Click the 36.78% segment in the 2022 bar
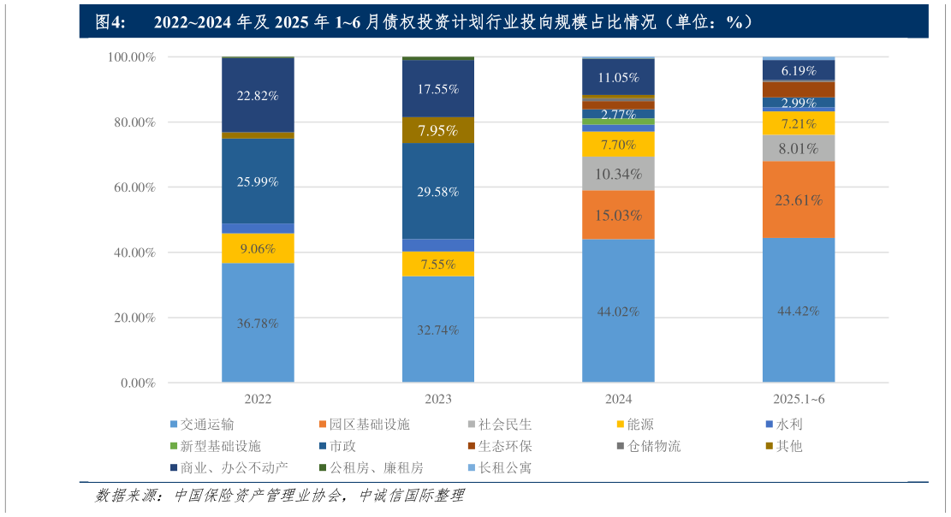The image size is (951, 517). (258, 323)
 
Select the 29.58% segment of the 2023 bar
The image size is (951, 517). (438, 191)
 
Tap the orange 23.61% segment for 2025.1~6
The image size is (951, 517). (799, 199)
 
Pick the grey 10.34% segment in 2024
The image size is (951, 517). (618, 174)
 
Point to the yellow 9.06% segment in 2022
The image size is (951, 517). (258, 248)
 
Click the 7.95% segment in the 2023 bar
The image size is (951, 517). (438, 130)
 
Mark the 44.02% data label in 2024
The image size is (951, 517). (618, 312)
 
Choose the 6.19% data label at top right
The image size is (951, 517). (799, 71)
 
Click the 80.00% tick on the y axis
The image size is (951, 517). (131, 122)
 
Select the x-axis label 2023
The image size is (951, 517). (438, 399)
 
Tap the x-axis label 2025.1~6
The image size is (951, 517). (799, 399)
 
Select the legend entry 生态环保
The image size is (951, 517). (504, 446)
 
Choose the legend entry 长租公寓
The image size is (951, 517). (504, 468)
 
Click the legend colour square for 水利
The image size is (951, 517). (770, 424)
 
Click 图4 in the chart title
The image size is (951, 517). (110, 22)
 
